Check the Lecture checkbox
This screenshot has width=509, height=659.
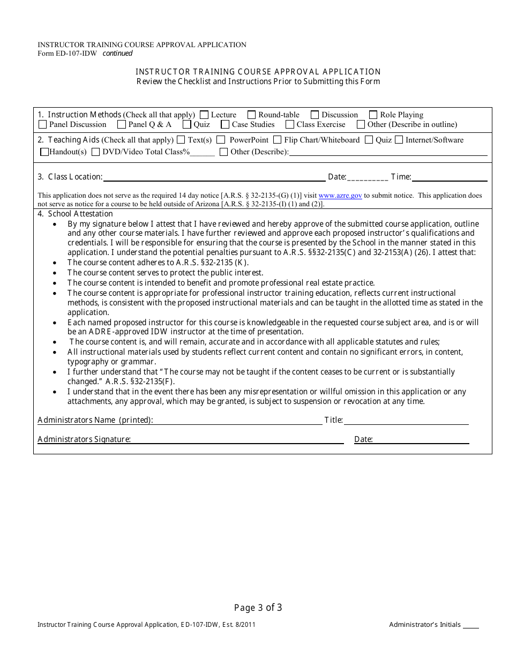pos(204,115)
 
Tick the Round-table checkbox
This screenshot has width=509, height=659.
pos(251,115)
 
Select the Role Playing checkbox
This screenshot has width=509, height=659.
pos(373,115)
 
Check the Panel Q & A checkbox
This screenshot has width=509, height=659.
pos(122,124)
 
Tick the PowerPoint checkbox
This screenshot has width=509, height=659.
pos(223,140)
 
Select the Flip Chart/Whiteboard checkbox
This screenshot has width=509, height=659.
pos(278,140)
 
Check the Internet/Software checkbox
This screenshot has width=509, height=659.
pos(399,140)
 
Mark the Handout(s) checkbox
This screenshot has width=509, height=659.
pos(44,152)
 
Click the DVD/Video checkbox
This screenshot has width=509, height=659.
pos(96,152)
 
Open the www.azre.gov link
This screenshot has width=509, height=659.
pos(340,196)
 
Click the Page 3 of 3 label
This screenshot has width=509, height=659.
pos(258,608)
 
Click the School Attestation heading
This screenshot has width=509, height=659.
pos(80,214)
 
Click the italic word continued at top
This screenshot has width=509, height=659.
pos(117,53)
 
